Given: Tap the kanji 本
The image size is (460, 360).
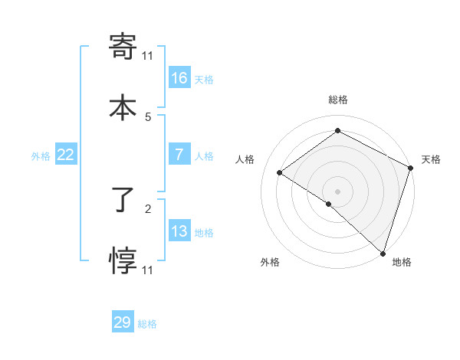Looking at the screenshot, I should [123, 107].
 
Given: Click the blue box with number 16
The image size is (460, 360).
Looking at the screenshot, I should [179, 77].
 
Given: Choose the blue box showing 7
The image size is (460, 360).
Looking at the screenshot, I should [179, 155].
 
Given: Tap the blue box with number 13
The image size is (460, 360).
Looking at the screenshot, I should [179, 231].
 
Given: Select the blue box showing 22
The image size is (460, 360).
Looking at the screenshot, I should [66, 155].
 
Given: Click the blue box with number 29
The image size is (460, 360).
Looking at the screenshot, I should [123, 322].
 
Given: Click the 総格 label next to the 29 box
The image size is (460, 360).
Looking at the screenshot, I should [147, 324].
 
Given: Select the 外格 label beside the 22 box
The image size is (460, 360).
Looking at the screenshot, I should [41, 156].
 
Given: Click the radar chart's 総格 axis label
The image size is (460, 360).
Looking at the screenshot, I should [337, 100].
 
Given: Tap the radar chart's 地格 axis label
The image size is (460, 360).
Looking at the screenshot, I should [402, 262].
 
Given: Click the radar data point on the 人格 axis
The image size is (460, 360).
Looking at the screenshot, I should [280, 172].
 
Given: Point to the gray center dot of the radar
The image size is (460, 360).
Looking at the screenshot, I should [337, 191].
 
